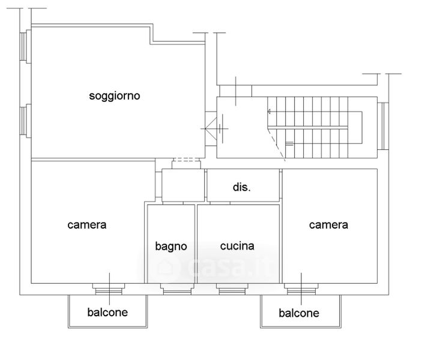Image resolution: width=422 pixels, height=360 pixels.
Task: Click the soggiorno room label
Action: pyautogui.click(x=115, y=95)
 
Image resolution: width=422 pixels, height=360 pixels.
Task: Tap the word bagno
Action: pyautogui.click(x=171, y=246)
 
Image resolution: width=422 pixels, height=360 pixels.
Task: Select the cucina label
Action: pyautogui.click(x=237, y=246)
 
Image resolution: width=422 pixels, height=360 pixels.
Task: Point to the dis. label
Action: pyautogui.click(x=242, y=187)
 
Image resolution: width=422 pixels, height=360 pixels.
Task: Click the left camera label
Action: pyautogui.click(x=87, y=225)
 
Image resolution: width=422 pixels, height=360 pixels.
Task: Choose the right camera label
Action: pyautogui.click(x=328, y=225)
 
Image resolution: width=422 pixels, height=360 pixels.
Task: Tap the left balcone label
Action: pyautogui.click(x=107, y=313)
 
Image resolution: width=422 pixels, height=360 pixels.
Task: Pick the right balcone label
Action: pyautogui.click(x=299, y=313)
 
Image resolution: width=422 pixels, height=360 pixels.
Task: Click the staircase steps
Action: pyautogui.click(x=315, y=127)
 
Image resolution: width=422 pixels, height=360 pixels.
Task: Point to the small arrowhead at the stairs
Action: pyautogui.click(x=269, y=110)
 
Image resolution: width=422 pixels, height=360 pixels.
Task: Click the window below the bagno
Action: pyautogui.click(x=176, y=291)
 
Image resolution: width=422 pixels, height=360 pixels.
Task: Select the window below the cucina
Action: pyautogui.click(x=232, y=291)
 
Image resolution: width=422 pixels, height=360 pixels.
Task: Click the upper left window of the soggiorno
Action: pyautogui.click(x=25, y=46)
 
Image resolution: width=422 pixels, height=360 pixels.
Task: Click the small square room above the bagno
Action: pyautogui.click(x=183, y=185)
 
